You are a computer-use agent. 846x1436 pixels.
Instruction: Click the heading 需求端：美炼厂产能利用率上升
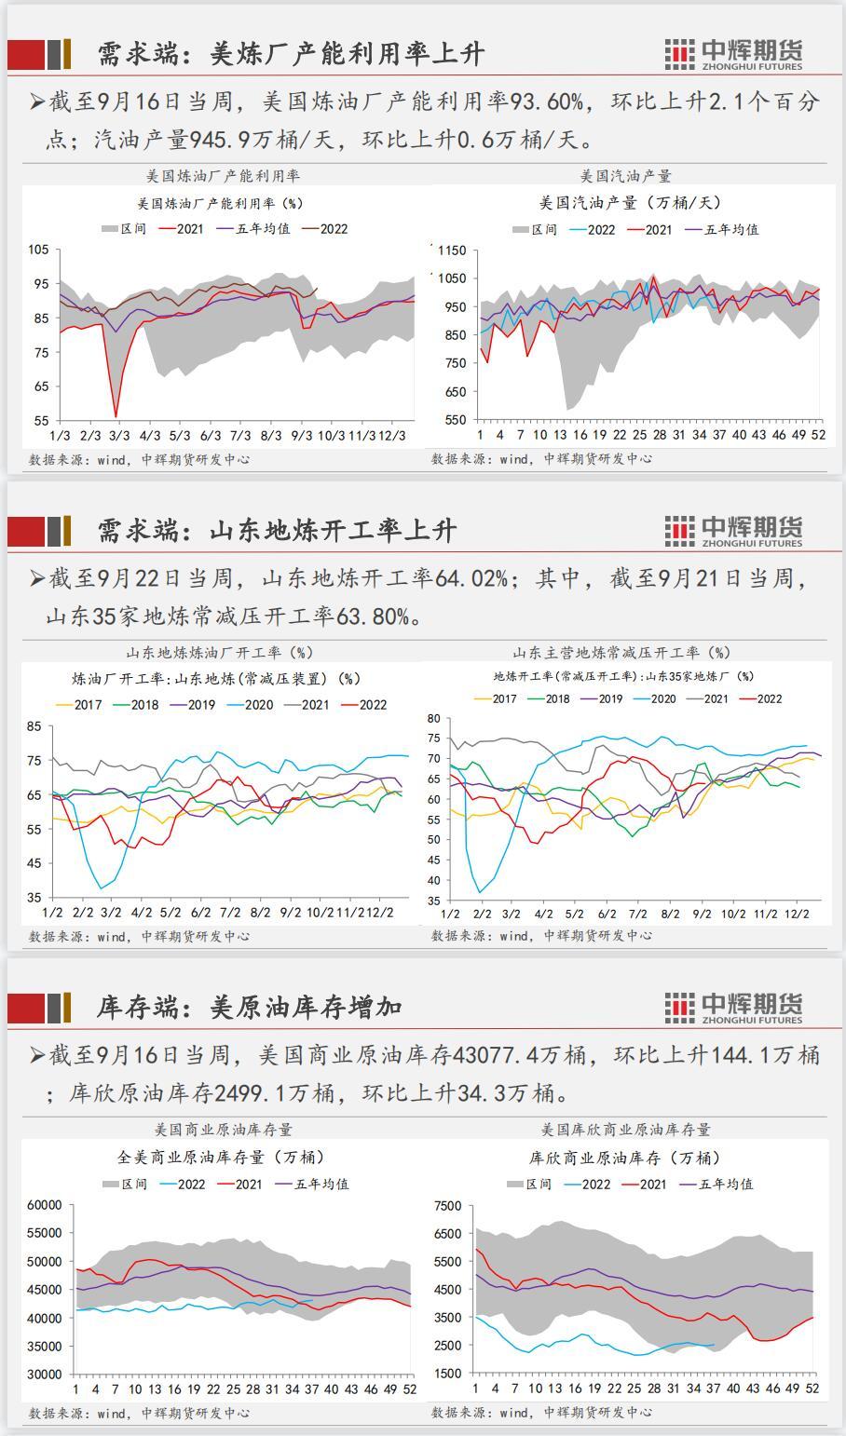coord(291,54)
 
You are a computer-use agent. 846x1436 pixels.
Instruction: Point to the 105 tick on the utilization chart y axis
coord(38,250)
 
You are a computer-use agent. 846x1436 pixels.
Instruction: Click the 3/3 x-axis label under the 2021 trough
coord(119,435)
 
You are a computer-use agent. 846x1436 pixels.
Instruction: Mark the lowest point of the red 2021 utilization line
coord(116,416)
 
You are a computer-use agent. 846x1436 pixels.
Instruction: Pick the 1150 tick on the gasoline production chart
coord(451,251)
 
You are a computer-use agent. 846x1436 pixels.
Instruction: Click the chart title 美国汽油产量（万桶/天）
coord(630,202)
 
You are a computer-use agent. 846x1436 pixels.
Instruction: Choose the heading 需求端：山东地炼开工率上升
coord(277,531)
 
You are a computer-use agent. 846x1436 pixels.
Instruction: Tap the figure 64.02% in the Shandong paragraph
coord(472,578)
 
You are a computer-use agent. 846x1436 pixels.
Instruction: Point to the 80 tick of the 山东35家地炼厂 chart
coord(432,719)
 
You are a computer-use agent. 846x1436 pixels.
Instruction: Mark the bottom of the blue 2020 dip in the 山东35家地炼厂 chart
coord(481,892)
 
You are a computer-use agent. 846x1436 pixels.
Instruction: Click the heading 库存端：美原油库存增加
coord(249,1007)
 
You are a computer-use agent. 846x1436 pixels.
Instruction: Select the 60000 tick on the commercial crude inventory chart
coord(44,1205)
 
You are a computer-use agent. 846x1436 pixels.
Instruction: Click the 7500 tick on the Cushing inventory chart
coord(447,1206)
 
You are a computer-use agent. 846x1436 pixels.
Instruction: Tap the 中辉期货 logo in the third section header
coord(733,1007)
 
